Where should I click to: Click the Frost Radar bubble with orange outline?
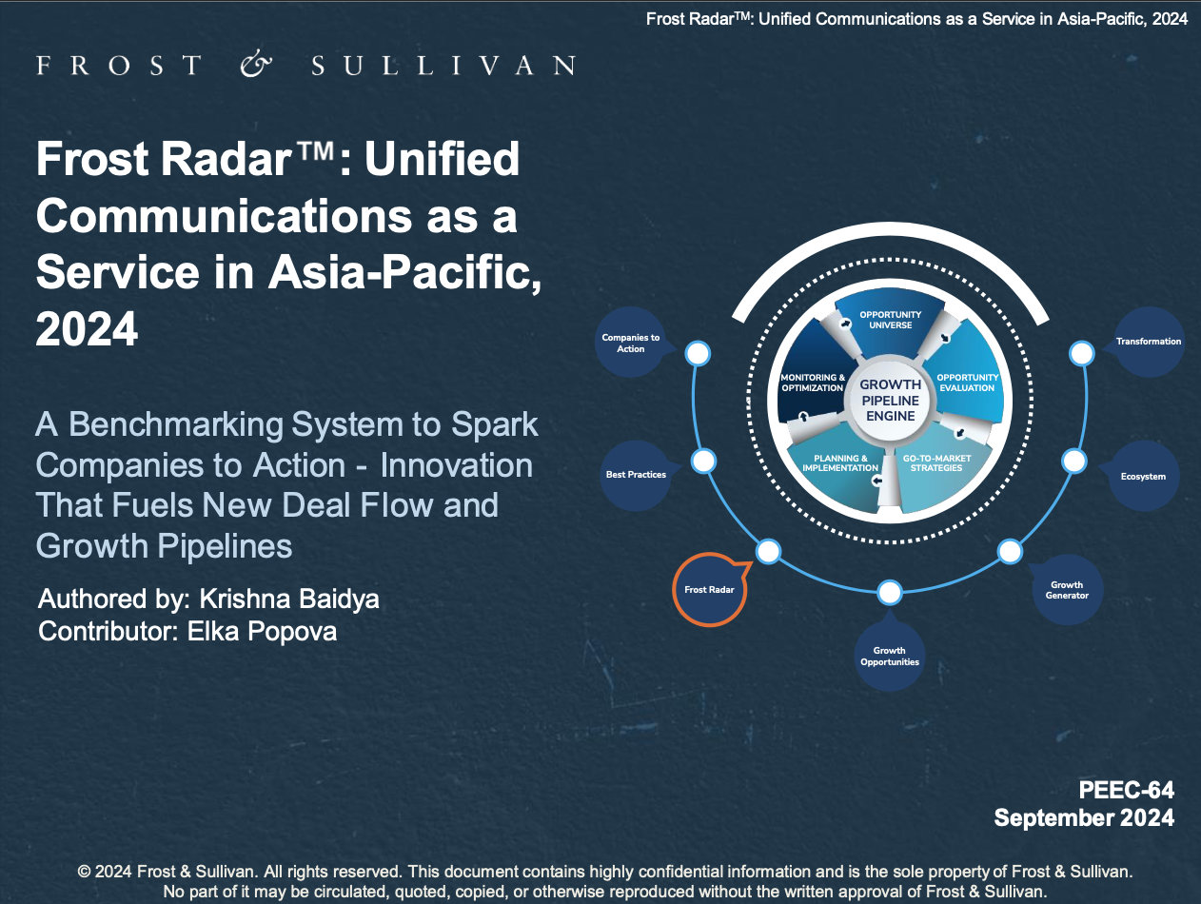[710, 590]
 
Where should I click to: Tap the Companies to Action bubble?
[630, 344]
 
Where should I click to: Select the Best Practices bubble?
[636, 474]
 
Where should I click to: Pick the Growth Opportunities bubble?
[890, 656]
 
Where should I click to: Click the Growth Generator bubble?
[1067, 590]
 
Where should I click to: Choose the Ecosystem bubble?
[1143, 476]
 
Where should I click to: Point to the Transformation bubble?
[1149, 342]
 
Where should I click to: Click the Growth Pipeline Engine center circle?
[890, 401]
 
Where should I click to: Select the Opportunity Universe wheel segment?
[890, 320]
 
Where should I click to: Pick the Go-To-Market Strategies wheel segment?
[937, 466]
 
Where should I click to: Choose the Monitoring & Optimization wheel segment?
[812, 383]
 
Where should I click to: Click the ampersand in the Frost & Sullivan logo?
[255, 65]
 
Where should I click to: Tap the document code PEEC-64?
[1126, 790]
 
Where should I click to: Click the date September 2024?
[1084, 817]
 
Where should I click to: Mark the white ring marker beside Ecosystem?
[1073, 462]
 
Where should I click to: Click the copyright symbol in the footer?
[84, 872]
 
